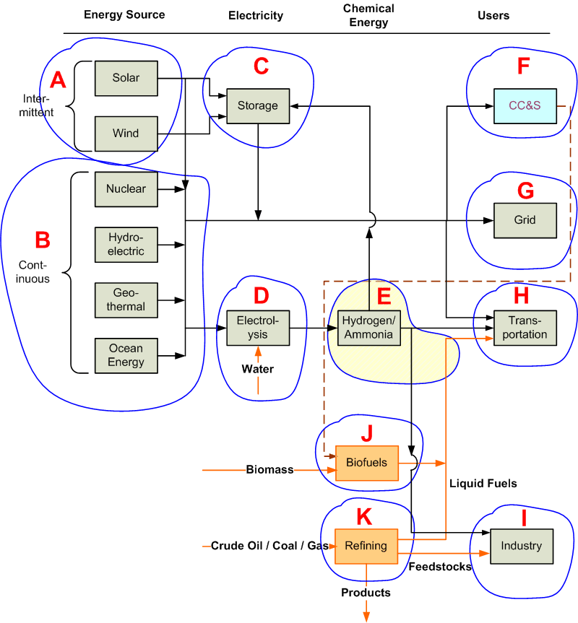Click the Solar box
126,78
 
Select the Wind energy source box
126,134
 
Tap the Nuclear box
126,189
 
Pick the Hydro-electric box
126,245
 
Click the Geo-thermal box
126,300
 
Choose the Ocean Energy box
126,356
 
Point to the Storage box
258,106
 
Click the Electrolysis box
258,328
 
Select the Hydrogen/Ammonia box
369,328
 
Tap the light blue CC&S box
525,106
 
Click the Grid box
525,220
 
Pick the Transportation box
525,328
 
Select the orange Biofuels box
367,463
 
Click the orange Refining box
366,546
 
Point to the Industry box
522,546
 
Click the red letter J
367,433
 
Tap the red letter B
43,240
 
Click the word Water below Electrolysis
258,369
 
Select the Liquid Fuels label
483,484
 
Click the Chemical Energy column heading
368,15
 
